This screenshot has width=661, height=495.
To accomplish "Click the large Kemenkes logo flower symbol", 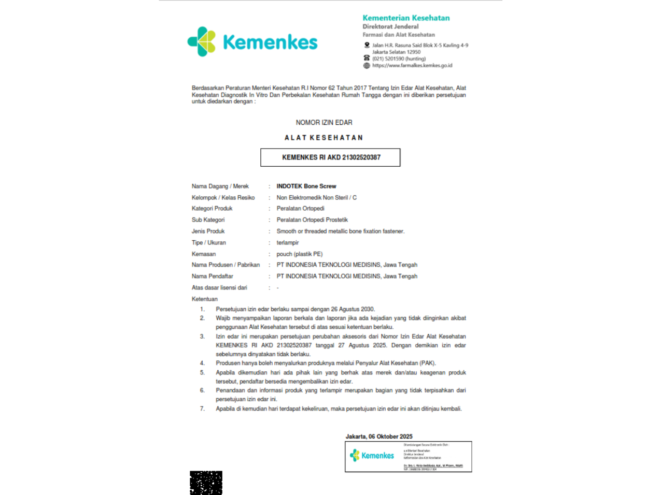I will pyautogui.click(x=202, y=41).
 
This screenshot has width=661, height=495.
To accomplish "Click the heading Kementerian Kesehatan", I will pyautogui.click(x=406, y=18).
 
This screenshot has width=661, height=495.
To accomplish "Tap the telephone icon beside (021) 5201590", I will pyautogui.click(x=367, y=59).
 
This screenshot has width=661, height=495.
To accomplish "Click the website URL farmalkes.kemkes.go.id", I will pyautogui.click(x=412, y=66).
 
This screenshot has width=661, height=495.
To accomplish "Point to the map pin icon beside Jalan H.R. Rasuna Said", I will pyautogui.click(x=367, y=45).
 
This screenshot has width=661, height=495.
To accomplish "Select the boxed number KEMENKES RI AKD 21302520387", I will pyautogui.click(x=331, y=157).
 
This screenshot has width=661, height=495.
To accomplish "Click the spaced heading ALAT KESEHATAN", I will pyautogui.click(x=324, y=138).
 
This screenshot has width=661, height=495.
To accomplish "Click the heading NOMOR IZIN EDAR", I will pyautogui.click(x=324, y=123).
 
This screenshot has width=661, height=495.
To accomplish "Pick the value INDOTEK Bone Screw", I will pyautogui.click(x=306, y=186).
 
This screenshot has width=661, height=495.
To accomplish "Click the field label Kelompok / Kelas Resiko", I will pyautogui.click(x=223, y=198).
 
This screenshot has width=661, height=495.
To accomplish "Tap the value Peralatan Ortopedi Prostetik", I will pyautogui.click(x=312, y=220).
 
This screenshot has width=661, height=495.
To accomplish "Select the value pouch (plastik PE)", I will pyautogui.click(x=300, y=254).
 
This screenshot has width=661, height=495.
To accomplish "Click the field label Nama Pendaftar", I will pyautogui.click(x=213, y=276).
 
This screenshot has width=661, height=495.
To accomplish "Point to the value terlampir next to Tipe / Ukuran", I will pyautogui.click(x=288, y=243).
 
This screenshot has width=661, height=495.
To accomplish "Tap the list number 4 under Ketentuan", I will pyautogui.click(x=202, y=363).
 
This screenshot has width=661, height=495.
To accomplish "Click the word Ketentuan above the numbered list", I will pyautogui.click(x=205, y=299).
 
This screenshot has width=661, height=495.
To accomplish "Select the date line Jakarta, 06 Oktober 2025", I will pyautogui.click(x=379, y=436).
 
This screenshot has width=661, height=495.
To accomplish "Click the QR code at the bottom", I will pyautogui.click(x=206, y=483).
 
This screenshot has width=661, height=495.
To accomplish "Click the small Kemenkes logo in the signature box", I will pyautogui.click(x=372, y=456).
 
